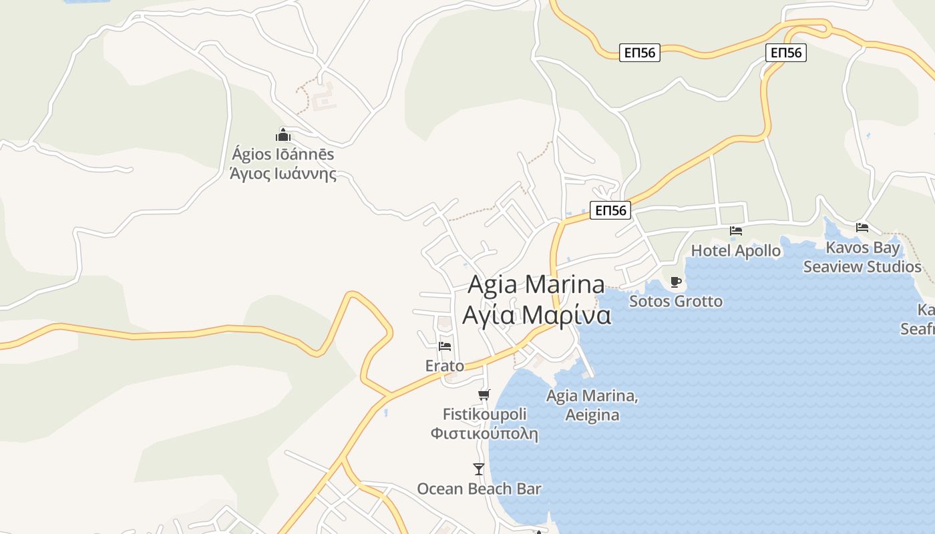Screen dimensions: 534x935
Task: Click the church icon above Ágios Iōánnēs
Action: coord(283,134)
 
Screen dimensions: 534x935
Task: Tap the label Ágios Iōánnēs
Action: coord(283,154)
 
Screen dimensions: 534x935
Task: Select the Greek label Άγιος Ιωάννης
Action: coord(283,174)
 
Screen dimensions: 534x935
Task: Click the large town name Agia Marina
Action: coord(536,284)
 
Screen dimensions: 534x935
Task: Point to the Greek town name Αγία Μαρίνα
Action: coord(536,314)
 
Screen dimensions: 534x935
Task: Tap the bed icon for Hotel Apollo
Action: coord(736,231)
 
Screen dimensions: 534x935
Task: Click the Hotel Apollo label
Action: coord(736,251)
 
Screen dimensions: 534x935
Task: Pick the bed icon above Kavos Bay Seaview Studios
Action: coord(862,228)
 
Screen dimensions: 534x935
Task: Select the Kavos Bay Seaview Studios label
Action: coord(862,258)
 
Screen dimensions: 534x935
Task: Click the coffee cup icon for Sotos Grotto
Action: coord(676,281)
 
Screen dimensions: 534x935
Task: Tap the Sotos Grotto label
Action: coord(676,301)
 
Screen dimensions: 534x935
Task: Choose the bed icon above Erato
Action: coord(445,346)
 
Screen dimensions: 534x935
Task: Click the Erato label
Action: coord(445,366)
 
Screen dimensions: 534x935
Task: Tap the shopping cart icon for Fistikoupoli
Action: coord(484,394)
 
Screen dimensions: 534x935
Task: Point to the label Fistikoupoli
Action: coord(485,415)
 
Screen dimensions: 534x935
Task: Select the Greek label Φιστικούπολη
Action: coord(484,434)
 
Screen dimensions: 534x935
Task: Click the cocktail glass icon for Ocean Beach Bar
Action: coord(479,469)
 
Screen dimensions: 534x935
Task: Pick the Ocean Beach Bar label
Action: coord(479,489)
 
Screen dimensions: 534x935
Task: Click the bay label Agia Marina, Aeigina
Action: coord(592,405)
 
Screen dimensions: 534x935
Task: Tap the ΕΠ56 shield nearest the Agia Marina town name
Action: coord(610,211)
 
